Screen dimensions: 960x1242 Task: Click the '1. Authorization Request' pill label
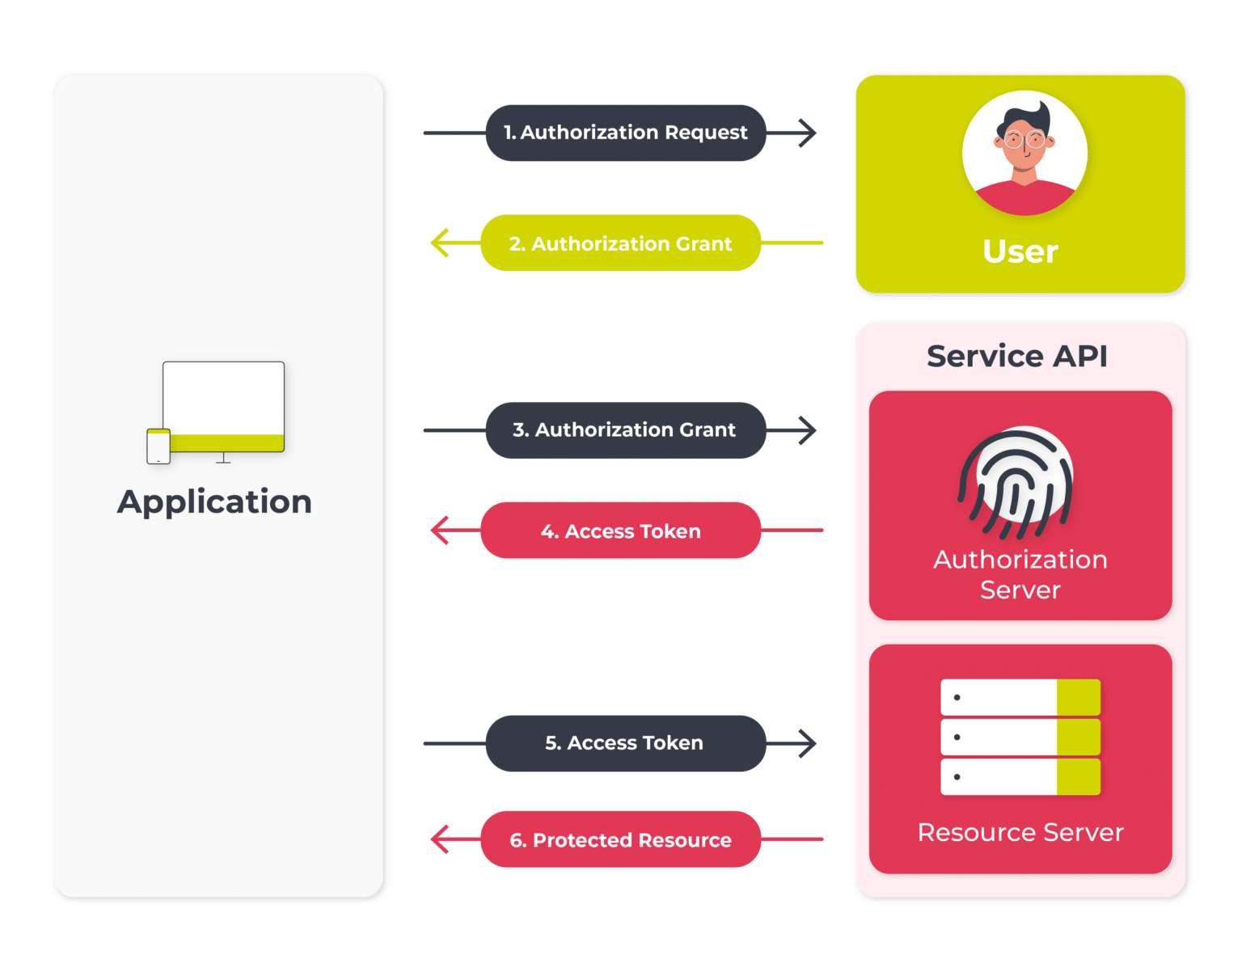625,133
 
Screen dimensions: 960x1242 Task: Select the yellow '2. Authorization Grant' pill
620,243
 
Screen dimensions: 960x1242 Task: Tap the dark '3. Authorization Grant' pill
624,430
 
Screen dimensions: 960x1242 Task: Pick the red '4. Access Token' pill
620,531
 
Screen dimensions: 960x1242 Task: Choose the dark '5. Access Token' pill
624,743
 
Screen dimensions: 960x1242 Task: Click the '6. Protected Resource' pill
620,840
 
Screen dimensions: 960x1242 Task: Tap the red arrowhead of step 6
440,839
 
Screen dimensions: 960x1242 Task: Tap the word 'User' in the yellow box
1020,252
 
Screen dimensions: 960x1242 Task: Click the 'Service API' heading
1016,356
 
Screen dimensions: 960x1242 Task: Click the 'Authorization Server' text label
1020,574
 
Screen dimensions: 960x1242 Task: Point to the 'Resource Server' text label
1020,832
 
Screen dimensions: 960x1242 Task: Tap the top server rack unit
1020,697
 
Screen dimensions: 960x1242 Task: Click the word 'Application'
214,501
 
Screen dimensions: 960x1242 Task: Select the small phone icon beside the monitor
158,446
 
